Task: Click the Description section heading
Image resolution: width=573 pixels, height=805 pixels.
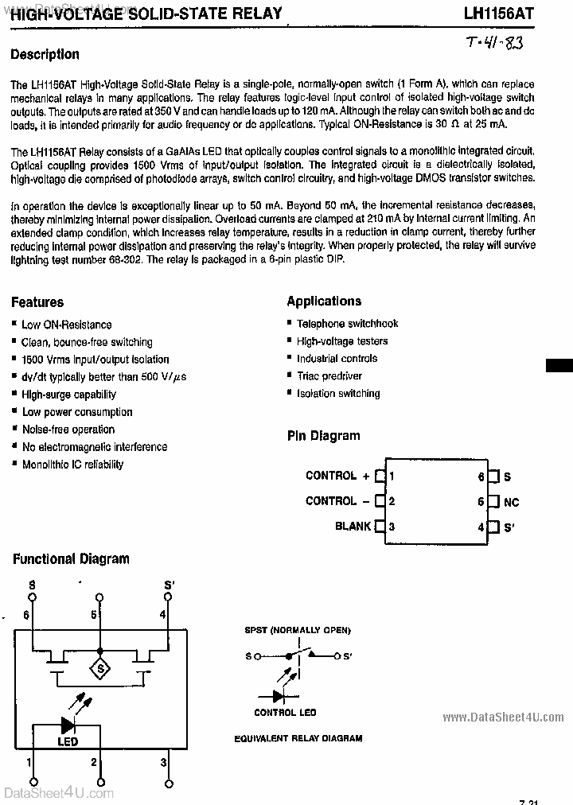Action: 45,54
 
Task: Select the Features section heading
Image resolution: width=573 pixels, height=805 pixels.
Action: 37,302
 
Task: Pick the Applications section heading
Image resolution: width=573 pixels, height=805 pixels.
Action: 324,301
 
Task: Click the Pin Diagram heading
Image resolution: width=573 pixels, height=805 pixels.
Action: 323,436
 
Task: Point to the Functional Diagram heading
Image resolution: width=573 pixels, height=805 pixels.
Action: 71,558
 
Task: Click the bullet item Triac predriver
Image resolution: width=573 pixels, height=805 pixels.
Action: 329,375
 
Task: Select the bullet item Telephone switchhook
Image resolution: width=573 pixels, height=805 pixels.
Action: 347,323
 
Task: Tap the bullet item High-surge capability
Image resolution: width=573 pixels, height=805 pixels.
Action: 68,394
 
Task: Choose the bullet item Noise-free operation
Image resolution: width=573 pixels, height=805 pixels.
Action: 68,430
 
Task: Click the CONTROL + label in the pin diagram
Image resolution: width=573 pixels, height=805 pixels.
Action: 337,476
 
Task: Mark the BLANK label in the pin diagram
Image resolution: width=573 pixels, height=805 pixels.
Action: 353,526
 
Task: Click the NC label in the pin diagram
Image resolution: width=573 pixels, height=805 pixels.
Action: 512,503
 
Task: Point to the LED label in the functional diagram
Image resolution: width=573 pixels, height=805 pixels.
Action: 68,742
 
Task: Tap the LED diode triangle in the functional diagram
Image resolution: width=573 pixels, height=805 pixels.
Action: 67,725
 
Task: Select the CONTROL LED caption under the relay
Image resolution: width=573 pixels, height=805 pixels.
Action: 285,713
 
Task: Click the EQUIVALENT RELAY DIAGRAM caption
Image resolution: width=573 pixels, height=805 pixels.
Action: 298,738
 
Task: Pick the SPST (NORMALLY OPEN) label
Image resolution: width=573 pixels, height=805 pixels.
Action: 298,630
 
